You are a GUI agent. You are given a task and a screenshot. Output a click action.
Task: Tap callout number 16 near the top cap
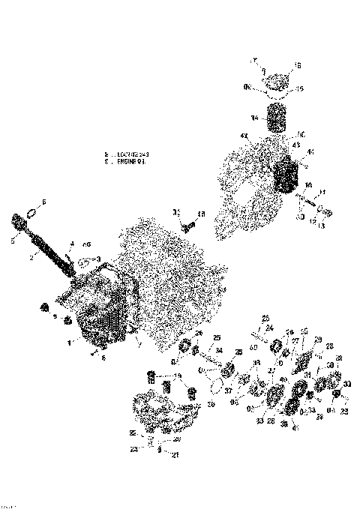pos(298,66)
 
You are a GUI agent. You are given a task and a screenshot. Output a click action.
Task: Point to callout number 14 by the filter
pos(253,118)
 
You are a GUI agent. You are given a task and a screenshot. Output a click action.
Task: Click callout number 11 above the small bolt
pos(322,193)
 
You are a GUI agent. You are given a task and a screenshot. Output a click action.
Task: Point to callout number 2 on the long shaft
pos(31,256)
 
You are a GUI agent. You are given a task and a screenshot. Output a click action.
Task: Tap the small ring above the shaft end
pos(31,214)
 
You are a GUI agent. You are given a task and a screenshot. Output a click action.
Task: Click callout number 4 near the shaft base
pos(72,243)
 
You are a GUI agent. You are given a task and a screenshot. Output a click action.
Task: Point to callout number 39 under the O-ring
pos(211,403)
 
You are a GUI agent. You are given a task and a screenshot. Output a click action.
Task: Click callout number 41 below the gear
pos(295,427)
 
